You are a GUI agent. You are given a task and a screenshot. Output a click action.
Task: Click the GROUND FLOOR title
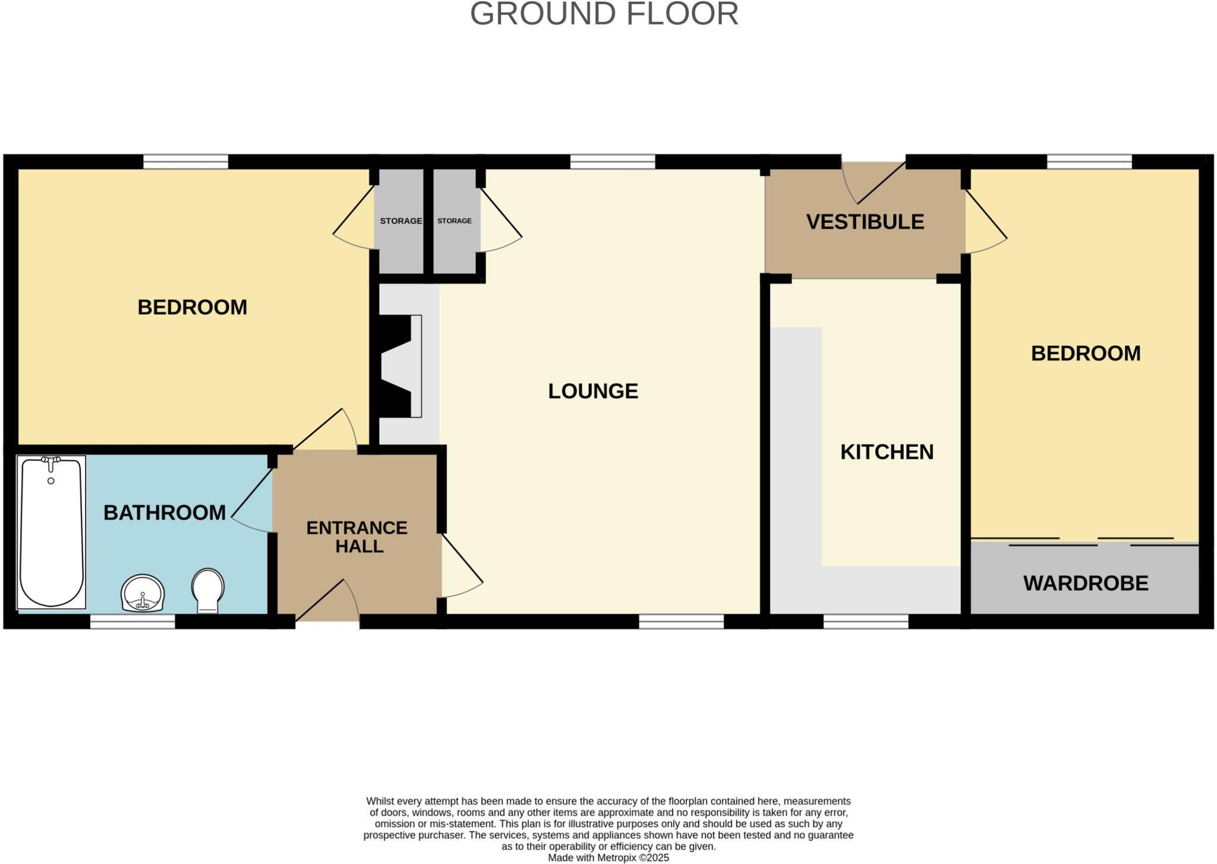(x=604, y=14)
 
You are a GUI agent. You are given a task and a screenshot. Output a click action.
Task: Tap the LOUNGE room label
(x=592, y=391)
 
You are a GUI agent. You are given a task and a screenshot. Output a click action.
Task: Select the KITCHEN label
(x=886, y=452)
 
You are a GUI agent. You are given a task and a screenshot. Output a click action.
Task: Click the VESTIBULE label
(x=865, y=222)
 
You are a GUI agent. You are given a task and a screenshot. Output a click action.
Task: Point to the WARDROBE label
(x=1085, y=584)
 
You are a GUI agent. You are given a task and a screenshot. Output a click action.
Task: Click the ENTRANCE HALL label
(x=357, y=537)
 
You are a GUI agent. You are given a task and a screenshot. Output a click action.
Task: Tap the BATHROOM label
(x=165, y=512)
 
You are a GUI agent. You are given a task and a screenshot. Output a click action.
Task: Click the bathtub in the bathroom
(x=51, y=535)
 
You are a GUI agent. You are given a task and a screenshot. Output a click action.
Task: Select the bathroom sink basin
(x=143, y=593)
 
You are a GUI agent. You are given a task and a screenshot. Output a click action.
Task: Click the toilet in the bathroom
(x=208, y=589)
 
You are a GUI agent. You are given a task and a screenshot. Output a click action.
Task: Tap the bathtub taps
(x=51, y=461)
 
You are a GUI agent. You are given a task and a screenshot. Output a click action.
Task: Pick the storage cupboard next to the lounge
(x=455, y=221)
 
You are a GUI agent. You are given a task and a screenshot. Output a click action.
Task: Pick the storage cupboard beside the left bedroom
(x=401, y=221)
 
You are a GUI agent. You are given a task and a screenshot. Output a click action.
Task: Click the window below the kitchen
(x=866, y=622)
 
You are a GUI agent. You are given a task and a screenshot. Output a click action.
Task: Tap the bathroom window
(x=133, y=622)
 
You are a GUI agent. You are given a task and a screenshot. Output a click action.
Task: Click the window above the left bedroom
(x=185, y=162)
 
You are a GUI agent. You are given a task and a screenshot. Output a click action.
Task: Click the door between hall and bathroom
(x=253, y=502)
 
